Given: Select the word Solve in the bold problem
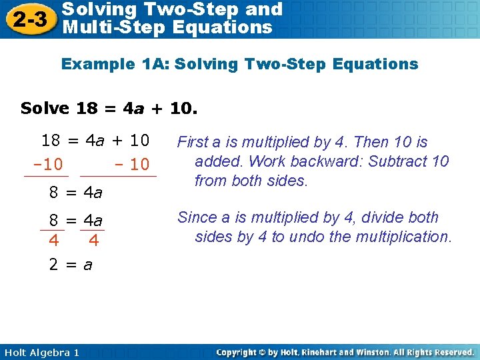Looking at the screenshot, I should pyautogui.click(x=45, y=108).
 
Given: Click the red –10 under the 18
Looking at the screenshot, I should pyautogui.click(x=47, y=164).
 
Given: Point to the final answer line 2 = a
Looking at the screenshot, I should pyautogui.click(x=71, y=265).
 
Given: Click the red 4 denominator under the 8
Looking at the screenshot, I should pyautogui.click(x=53, y=239).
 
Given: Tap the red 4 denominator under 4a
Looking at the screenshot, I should pyautogui.click(x=93, y=239).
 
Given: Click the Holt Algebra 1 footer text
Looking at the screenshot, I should pyautogui.click(x=41, y=352).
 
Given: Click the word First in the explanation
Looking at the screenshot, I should pyautogui.click(x=193, y=142).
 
